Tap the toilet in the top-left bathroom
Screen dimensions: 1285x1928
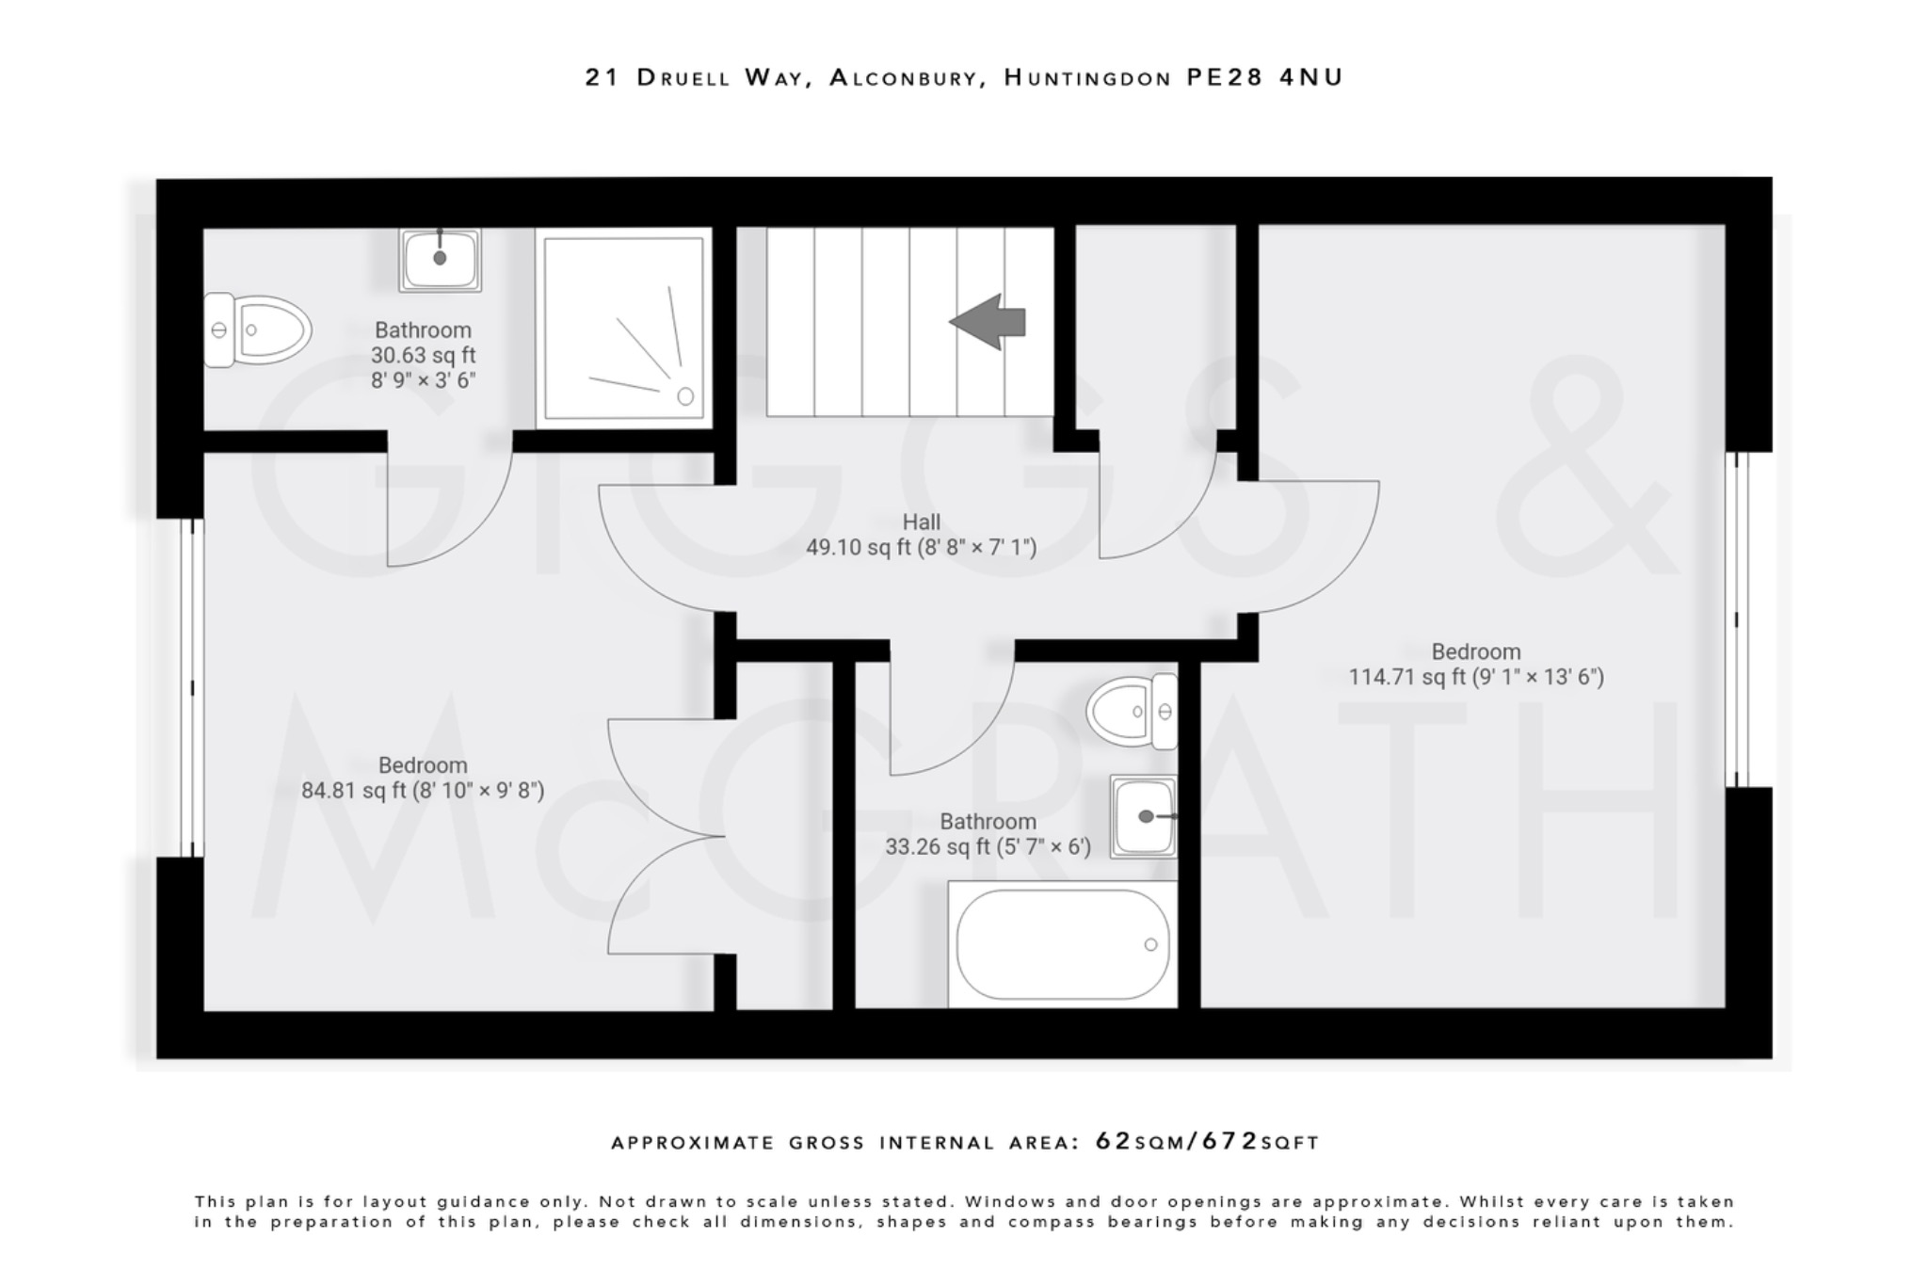click(x=259, y=330)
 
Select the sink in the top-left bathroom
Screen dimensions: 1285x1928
click(x=440, y=259)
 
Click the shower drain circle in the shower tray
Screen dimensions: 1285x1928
click(x=685, y=396)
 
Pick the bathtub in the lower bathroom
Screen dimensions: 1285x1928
click(x=1062, y=944)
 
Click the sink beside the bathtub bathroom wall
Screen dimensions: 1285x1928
click(x=1143, y=816)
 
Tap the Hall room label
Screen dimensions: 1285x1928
click(x=921, y=522)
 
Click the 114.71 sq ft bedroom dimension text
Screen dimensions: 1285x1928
click(x=1475, y=677)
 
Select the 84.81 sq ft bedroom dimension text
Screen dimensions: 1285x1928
click(x=423, y=790)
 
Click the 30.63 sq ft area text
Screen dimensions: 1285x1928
click(x=423, y=355)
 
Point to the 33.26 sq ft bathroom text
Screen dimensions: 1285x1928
click(x=988, y=846)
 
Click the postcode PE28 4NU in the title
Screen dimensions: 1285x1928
click(x=1264, y=77)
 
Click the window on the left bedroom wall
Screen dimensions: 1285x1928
click(x=192, y=688)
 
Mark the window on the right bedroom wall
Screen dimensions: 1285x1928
click(x=1737, y=619)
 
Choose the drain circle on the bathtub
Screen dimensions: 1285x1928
click(x=1150, y=944)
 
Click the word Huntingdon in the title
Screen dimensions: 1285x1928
click(x=1087, y=77)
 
